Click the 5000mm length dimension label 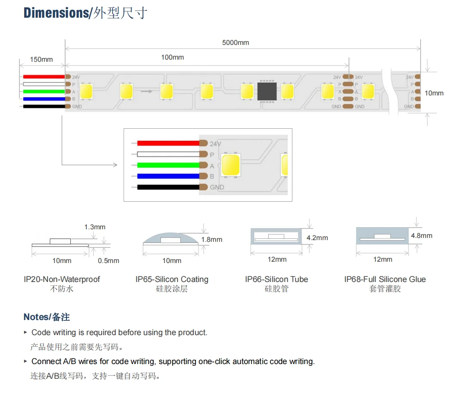(x=236, y=42)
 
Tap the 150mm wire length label (x=41, y=59)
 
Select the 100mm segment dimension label (x=173, y=57)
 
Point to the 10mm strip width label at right (x=434, y=93)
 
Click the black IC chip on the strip (x=267, y=91)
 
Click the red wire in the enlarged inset (x=168, y=143)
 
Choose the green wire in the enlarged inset (x=168, y=165)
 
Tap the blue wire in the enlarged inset (x=168, y=176)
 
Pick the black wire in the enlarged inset (x=168, y=187)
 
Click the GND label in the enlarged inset (x=217, y=187)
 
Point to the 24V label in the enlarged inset (x=216, y=144)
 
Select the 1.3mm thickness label (x=95, y=227)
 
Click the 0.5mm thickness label (x=108, y=261)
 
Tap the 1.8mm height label (x=212, y=240)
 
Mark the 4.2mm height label (x=317, y=238)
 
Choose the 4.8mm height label (x=421, y=236)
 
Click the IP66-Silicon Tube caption (x=277, y=279)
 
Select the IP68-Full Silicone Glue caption (x=385, y=279)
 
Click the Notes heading (x=47, y=317)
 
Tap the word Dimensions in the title (x=56, y=13)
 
